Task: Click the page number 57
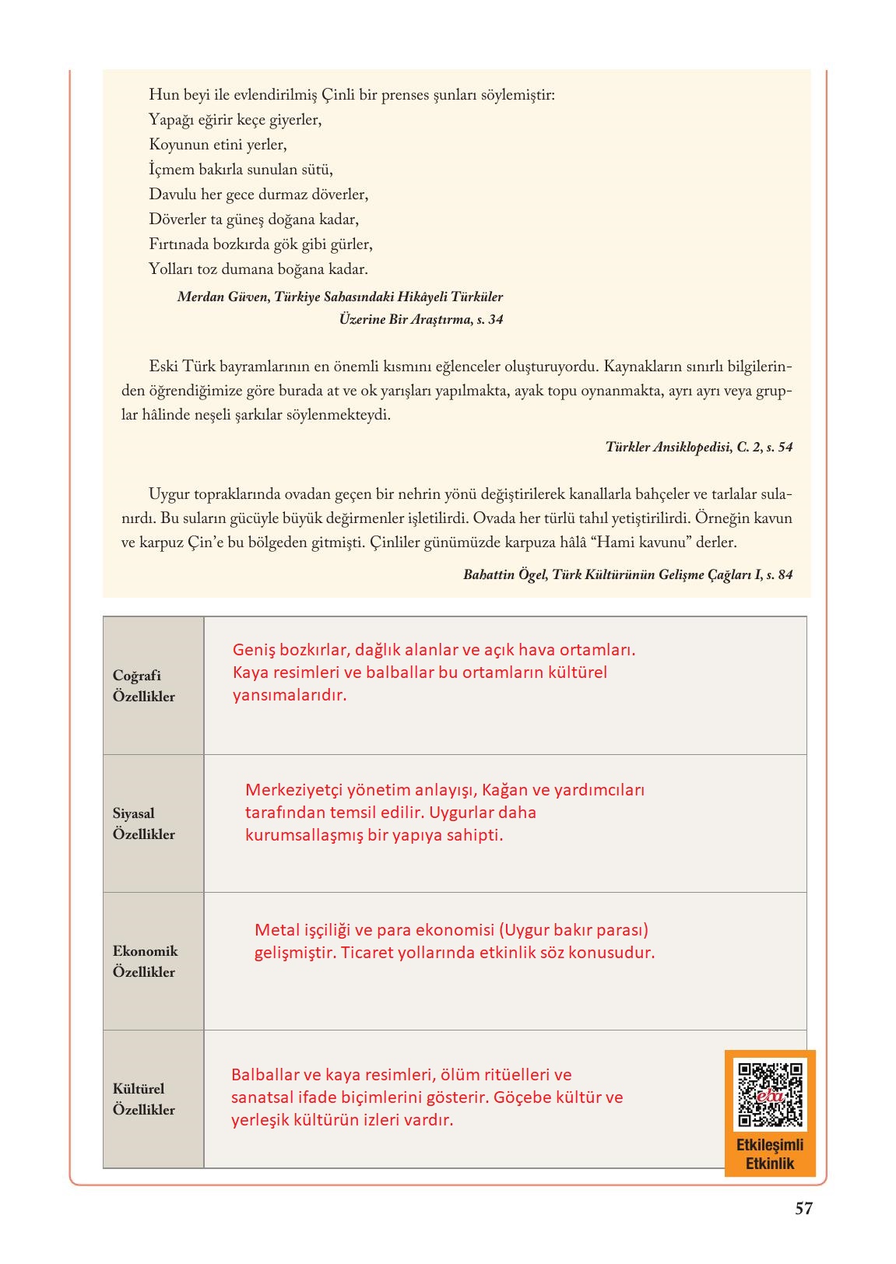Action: click(803, 1209)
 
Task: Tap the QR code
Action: click(770, 1094)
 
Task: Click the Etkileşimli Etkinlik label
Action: click(770, 1154)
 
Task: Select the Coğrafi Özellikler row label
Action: click(144, 686)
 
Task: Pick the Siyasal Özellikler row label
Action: click(144, 823)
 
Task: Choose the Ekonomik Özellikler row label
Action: click(145, 961)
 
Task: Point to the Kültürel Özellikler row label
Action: click(144, 1099)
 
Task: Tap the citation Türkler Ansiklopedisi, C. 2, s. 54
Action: click(698, 447)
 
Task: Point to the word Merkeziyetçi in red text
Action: click(295, 790)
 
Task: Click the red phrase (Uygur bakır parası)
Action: click(574, 929)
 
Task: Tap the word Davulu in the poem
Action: click(172, 195)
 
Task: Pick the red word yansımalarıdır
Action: click(289, 695)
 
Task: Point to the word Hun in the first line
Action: click(163, 95)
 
